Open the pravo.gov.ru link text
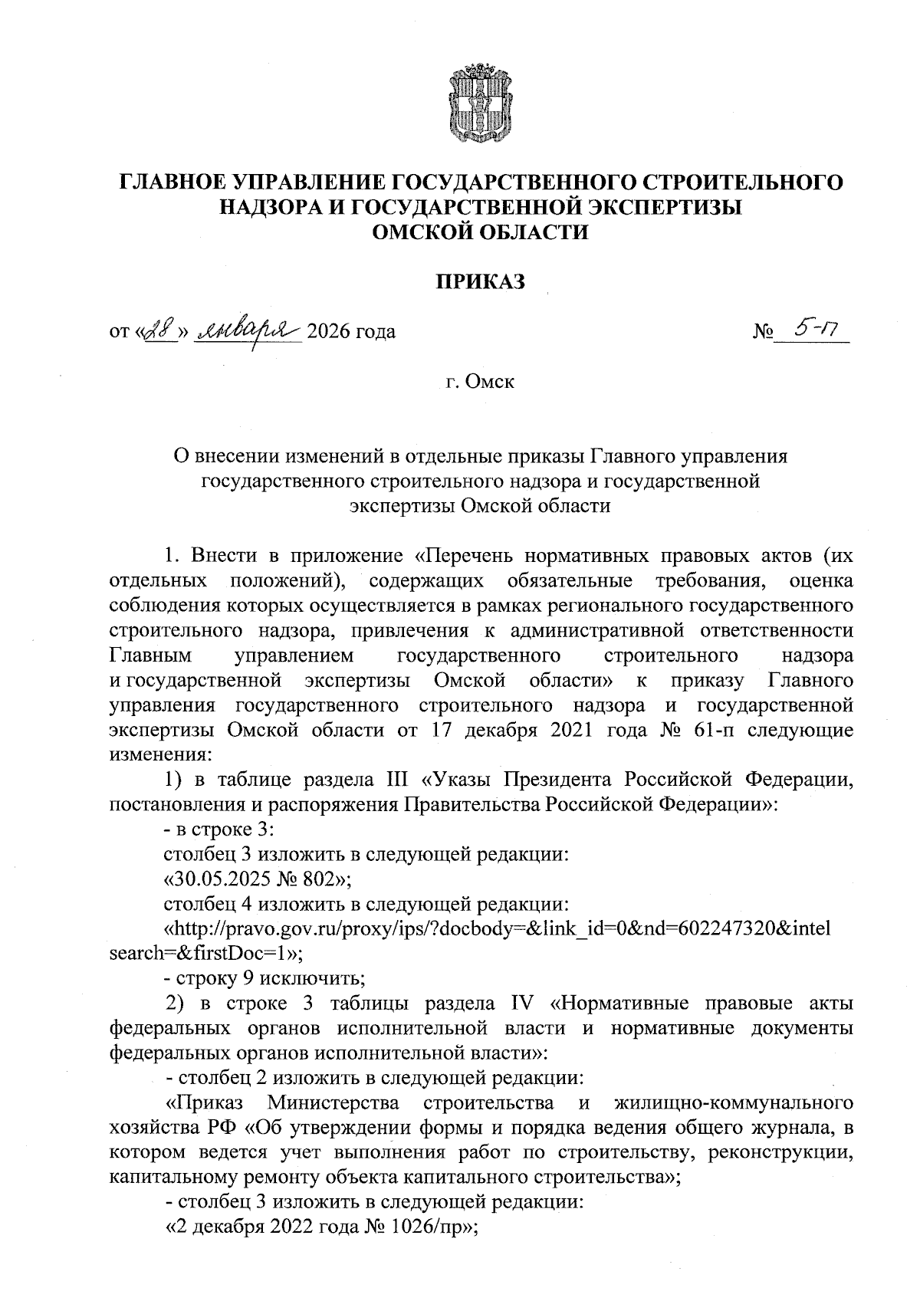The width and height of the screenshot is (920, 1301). (498, 928)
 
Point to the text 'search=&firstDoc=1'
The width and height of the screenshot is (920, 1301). (201, 954)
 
